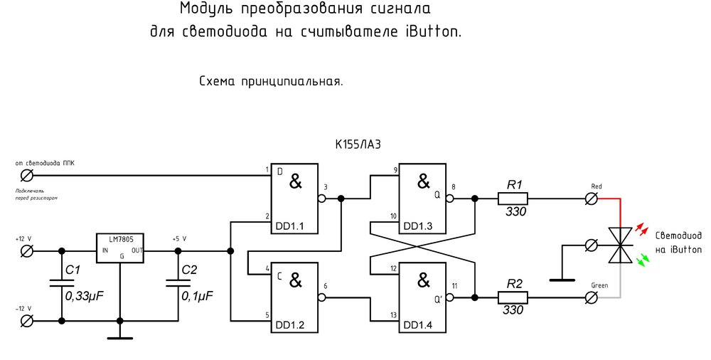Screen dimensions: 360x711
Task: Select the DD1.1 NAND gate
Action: [294, 198]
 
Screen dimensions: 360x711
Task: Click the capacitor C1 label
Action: [74, 270]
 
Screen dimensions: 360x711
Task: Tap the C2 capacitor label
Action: [189, 270]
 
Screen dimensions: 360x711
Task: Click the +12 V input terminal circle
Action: [27, 250]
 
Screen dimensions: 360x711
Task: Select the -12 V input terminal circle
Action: [27, 321]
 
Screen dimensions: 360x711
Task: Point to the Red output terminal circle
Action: [591, 199]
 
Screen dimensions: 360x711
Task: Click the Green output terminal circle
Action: [591, 297]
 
